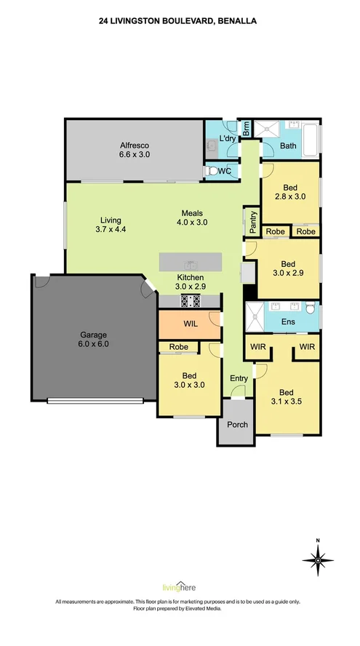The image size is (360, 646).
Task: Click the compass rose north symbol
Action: pos(318,559)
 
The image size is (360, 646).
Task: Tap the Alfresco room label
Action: pos(135,150)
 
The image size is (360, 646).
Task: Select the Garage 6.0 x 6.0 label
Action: pos(94,340)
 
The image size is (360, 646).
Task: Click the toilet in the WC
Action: pos(212,170)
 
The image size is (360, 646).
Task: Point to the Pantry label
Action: pos(253,220)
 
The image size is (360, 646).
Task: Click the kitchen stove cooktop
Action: pos(191,300)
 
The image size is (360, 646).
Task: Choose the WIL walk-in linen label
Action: pos(191,324)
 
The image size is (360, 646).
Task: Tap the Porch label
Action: pos(238,424)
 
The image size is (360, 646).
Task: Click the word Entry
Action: pos(239,378)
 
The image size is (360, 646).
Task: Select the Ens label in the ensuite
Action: pos(288,322)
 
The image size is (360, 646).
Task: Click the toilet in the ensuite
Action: pos(311,306)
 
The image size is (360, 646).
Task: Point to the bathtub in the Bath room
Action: pos(311,140)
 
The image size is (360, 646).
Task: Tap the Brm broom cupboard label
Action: pos(246,129)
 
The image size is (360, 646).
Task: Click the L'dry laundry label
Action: pos(227,139)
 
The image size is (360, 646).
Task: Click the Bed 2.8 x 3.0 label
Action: pos(290,192)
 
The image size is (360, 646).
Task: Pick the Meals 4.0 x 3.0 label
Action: pos(192,218)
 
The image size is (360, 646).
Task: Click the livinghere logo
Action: pos(179,588)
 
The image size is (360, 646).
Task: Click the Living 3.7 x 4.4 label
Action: pos(111,225)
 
